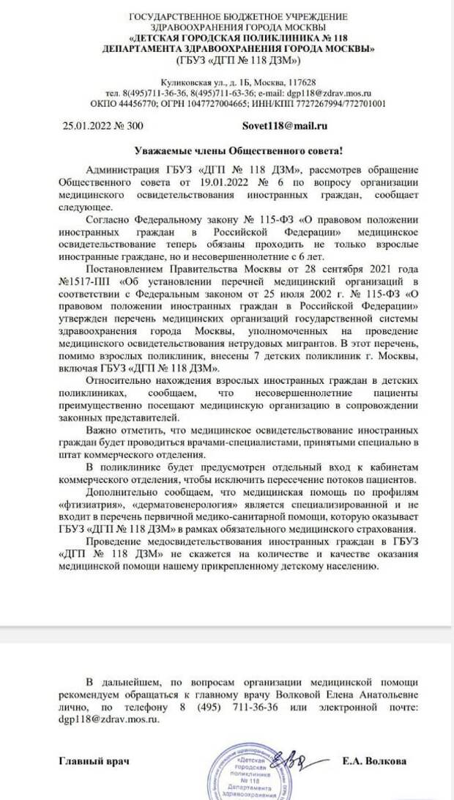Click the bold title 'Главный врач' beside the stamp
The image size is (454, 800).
point(94,762)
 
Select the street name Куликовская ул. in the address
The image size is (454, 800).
point(188,83)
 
